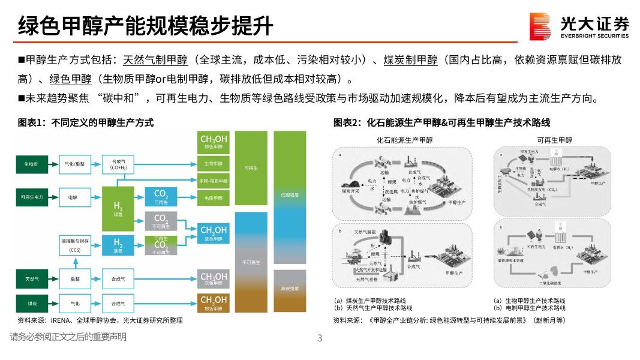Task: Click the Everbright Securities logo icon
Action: click(x=540, y=26)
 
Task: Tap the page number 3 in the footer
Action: click(x=320, y=338)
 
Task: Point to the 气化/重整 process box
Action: click(x=75, y=164)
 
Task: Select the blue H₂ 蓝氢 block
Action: click(x=118, y=244)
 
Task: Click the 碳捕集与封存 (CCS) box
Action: click(x=75, y=245)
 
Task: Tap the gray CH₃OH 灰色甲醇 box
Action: click(x=214, y=279)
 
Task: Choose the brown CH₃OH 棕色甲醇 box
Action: click(x=214, y=302)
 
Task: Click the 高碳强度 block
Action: click(x=290, y=290)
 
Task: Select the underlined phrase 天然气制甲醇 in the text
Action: click(x=155, y=60)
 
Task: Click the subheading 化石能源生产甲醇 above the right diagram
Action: click(x=404, y=140)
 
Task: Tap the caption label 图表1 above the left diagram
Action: click(x=32, y=123)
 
